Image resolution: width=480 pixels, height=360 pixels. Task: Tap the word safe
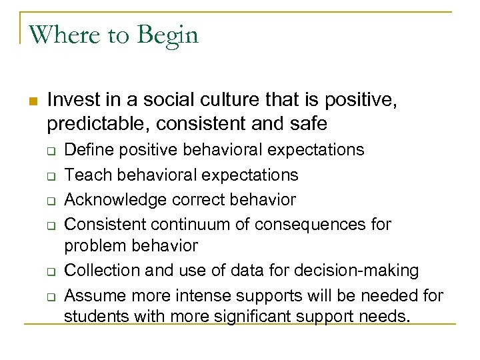click(308, 123)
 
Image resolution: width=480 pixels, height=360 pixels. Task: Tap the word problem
click(93, 246)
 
